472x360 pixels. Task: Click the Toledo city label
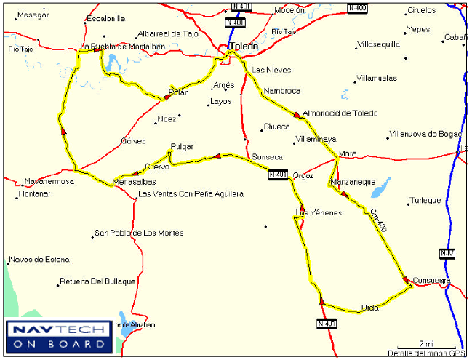point(244,46)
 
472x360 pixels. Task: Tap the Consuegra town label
point(431,280)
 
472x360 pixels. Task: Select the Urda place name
point(369,308)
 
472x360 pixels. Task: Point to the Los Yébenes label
point(319,212)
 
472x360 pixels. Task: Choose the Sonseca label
point(267,157)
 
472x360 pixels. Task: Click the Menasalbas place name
point(135,182)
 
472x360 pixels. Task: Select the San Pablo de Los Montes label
point(138,233)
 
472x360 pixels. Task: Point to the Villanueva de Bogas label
point(425,134)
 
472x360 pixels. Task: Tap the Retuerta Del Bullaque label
point(97,281)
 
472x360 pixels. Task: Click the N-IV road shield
point(447,253)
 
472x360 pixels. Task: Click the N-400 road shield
point(357,8)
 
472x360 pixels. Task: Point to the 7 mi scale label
point(427,343)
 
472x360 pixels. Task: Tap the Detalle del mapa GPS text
point(426,353)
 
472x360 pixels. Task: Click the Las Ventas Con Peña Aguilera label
point(191,194)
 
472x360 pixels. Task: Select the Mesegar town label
point(33,15)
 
